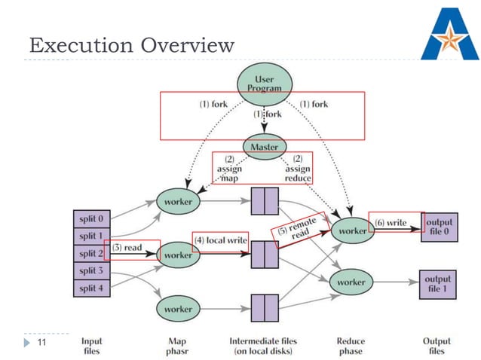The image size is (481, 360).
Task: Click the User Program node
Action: point(264,83)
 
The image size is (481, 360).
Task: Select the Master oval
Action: point(264,146)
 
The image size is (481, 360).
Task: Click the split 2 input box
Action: point(91,254)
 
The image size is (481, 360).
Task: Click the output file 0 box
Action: point(440,228)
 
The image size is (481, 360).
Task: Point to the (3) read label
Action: point(128,247)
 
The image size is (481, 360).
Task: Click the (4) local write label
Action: point(222,240)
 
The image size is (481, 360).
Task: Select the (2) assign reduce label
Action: point(297,169)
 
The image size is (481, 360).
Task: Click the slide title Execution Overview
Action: point(132,46)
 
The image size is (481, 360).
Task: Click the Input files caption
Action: point(92,346)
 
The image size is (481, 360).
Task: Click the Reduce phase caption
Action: point(351,346)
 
